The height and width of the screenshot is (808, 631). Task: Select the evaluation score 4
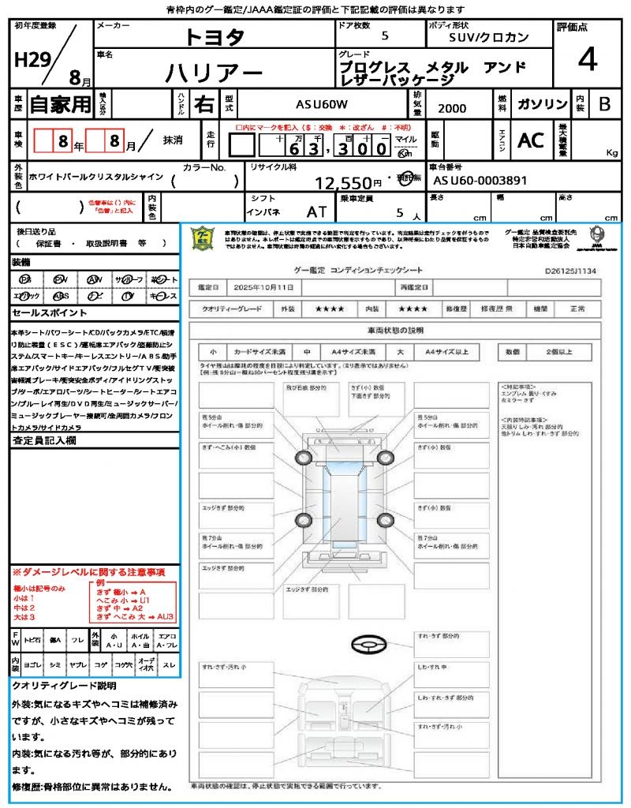pyautogui.click(x=588, y=60)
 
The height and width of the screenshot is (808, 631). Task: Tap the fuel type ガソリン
pyautogui.click(x=541, y=104)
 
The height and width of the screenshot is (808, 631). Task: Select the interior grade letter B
pyautogui.click(x=604, y=104)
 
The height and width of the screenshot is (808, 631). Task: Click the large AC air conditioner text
pyautogui.click(x=531, y=140)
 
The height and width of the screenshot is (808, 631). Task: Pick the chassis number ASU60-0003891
pyautogui.click(x=480, y=181)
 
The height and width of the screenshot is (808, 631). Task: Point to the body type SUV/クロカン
pyautogui.click(x=489, y=37)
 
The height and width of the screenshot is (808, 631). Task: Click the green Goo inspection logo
pyautogui.click(x=203, y=239)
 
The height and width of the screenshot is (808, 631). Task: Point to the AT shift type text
pyautogui.click(x=317, y=211)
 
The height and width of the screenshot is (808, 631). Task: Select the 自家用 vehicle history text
pyautogui.click(x=61, y=104)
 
